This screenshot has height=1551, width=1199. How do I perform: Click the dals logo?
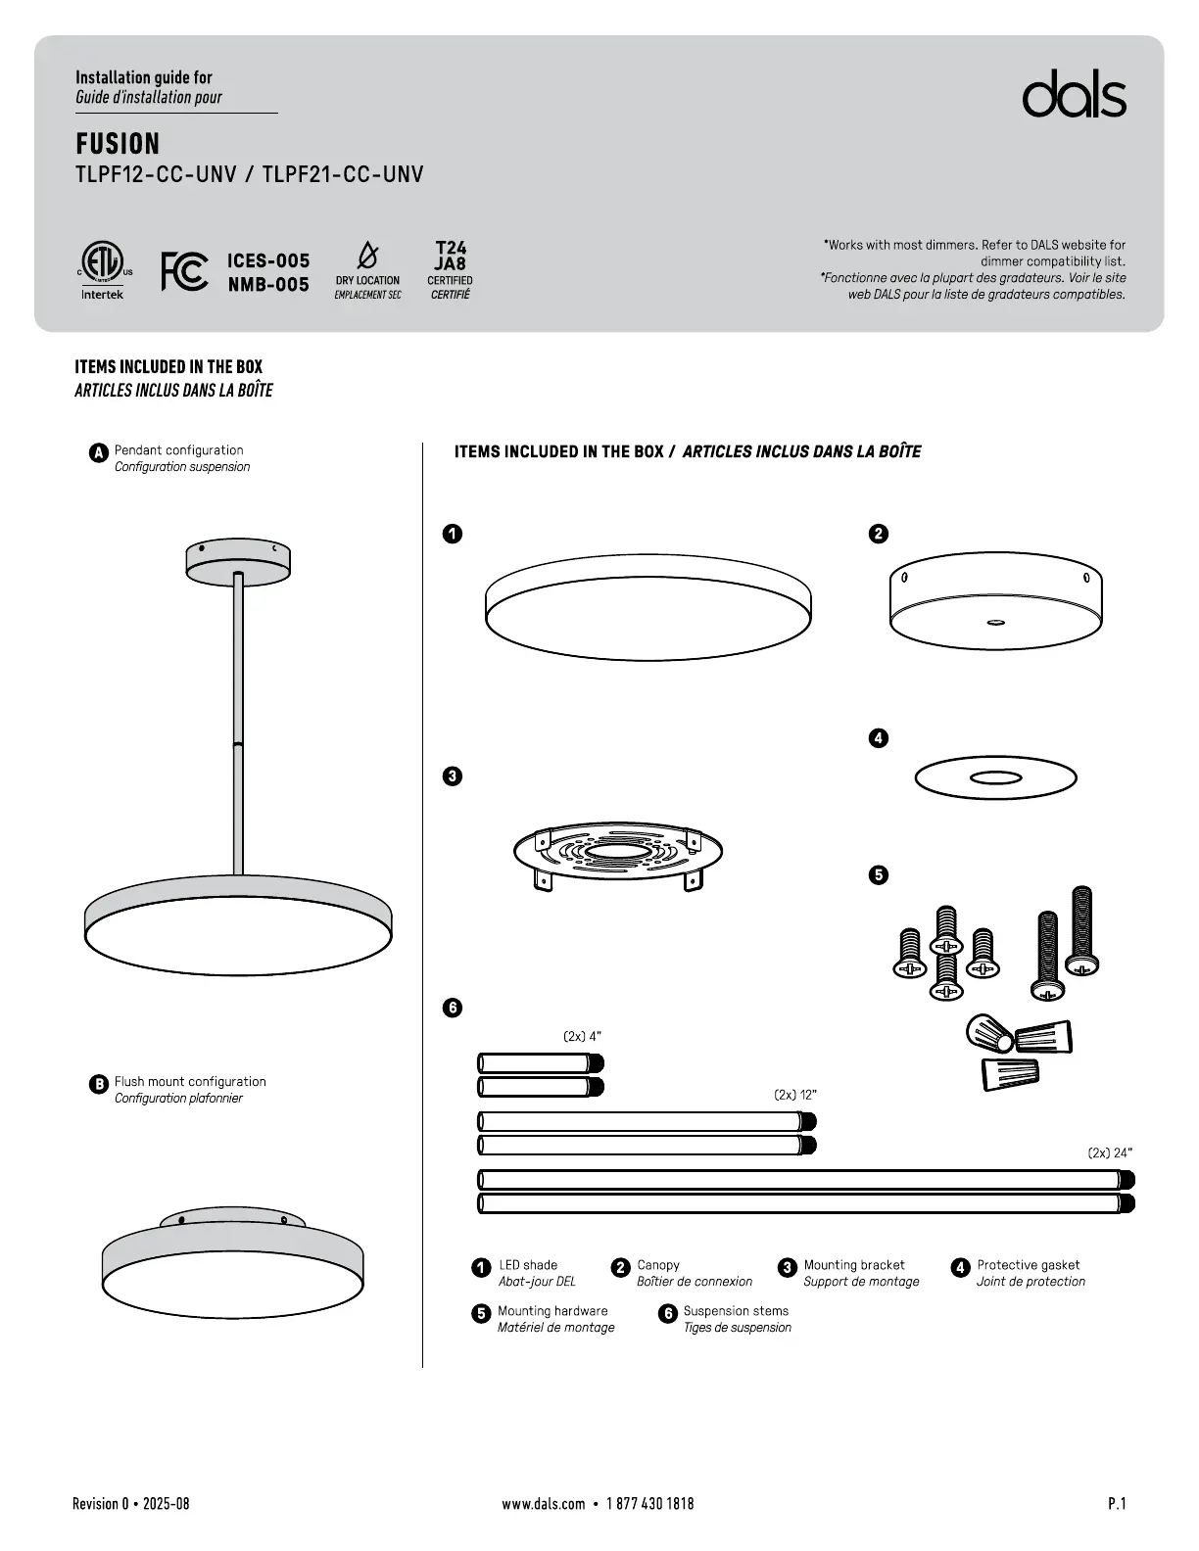1074,95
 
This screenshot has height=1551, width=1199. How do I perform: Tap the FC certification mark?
184,271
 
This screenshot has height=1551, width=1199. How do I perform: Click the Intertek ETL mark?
102,271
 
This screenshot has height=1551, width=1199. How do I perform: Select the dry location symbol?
367,257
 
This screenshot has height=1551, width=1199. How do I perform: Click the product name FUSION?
118,144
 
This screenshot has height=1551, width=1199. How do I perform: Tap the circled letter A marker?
98,452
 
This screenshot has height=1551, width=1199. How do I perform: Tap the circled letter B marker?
98,1084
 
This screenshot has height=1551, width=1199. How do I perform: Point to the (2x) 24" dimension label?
1110,1152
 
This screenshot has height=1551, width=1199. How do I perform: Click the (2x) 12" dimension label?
794,1095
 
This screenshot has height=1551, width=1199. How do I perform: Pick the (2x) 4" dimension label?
582,1036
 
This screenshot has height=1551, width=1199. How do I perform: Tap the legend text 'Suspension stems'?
736,1310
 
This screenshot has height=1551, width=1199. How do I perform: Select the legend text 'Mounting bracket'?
854,1265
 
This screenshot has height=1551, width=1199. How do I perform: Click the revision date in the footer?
131,1503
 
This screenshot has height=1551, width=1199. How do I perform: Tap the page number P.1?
1117,1503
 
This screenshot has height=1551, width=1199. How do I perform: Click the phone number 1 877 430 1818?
649,1503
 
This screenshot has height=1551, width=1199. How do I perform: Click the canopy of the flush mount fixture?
232,1218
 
